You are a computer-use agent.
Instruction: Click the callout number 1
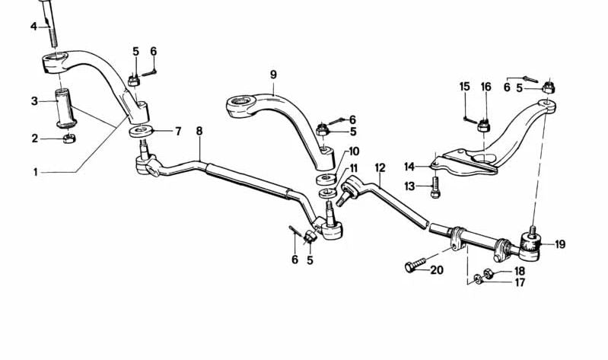point(35,172)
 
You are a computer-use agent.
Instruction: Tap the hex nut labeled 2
point(68,138)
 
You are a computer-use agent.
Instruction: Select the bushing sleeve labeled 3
point(65,108)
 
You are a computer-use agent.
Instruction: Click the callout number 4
point(34,27)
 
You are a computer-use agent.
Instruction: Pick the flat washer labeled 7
point(141,131)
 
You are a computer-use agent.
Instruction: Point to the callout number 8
point(199,131)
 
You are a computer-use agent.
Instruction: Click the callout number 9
point(273,75)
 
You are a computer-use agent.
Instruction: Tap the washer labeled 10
point(326,179)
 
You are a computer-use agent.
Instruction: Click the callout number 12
point(380,168)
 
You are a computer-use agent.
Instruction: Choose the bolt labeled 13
point(435,187)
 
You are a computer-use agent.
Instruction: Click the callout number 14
point(410,167)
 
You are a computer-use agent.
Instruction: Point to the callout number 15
point(464,87)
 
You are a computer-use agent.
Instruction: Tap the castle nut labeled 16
point(483,126)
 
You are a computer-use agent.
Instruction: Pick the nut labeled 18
point(489,274)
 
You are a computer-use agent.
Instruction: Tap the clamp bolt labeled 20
point(415,265)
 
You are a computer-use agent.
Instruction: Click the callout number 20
point(437,269)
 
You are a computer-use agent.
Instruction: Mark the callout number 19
point(560,244)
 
